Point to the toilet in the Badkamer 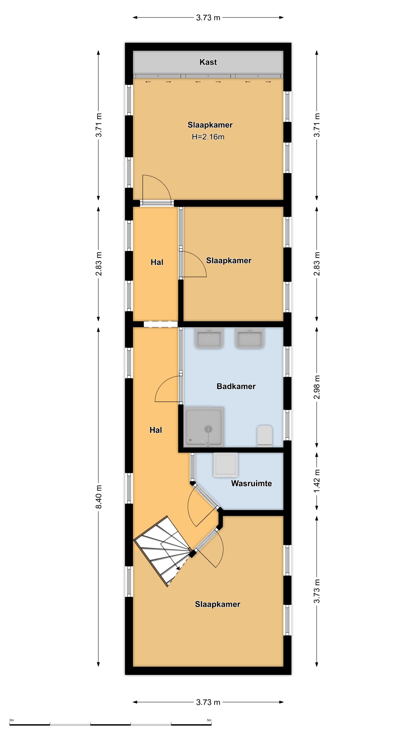coord(264,436)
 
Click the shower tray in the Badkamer coord(204,427)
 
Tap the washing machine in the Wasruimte coord(225,465)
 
